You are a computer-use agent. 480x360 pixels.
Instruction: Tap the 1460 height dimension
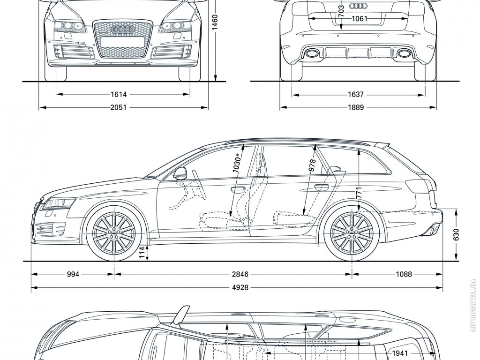click(x=215, y=22)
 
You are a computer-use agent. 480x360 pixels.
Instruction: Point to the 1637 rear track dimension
click(x=356, y=95)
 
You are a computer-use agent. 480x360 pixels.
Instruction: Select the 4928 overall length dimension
click(x=239, y=288)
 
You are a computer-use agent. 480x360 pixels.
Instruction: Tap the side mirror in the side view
click(x=180, y=173)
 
